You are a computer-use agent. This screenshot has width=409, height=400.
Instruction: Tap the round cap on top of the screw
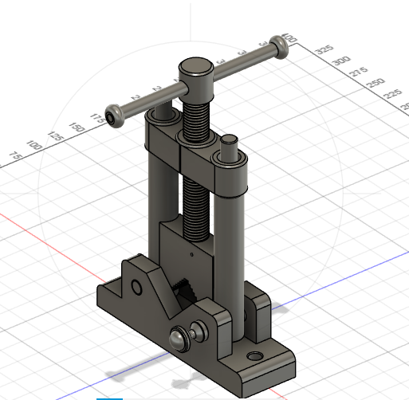195,68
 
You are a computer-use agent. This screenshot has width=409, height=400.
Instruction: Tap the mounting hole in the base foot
255,355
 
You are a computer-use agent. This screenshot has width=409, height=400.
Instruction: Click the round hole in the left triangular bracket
136,286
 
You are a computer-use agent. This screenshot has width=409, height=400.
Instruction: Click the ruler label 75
13,156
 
